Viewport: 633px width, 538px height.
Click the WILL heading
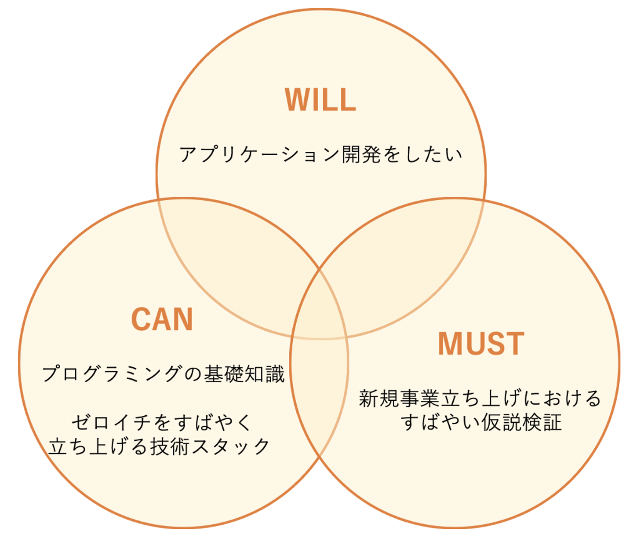[320, 100]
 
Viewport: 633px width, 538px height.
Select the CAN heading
[162, 319]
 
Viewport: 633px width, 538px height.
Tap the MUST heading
[481, 344]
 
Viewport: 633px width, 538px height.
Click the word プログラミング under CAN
[112, 374]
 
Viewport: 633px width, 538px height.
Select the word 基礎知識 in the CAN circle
[244, 374]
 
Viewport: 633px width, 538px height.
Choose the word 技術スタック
[210, 447]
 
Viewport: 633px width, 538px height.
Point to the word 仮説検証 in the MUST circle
[521, 423]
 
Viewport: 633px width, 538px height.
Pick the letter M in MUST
[449, 344]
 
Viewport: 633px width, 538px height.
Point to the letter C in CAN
[140, 319]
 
